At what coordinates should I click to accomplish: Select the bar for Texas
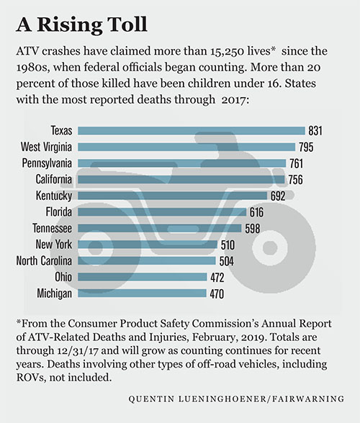(191, 130)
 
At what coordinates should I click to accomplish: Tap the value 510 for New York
(228, 245)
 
